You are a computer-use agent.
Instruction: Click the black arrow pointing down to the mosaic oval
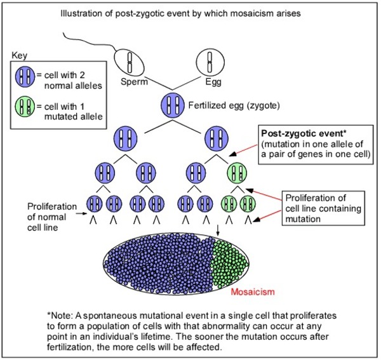(217, 227)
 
